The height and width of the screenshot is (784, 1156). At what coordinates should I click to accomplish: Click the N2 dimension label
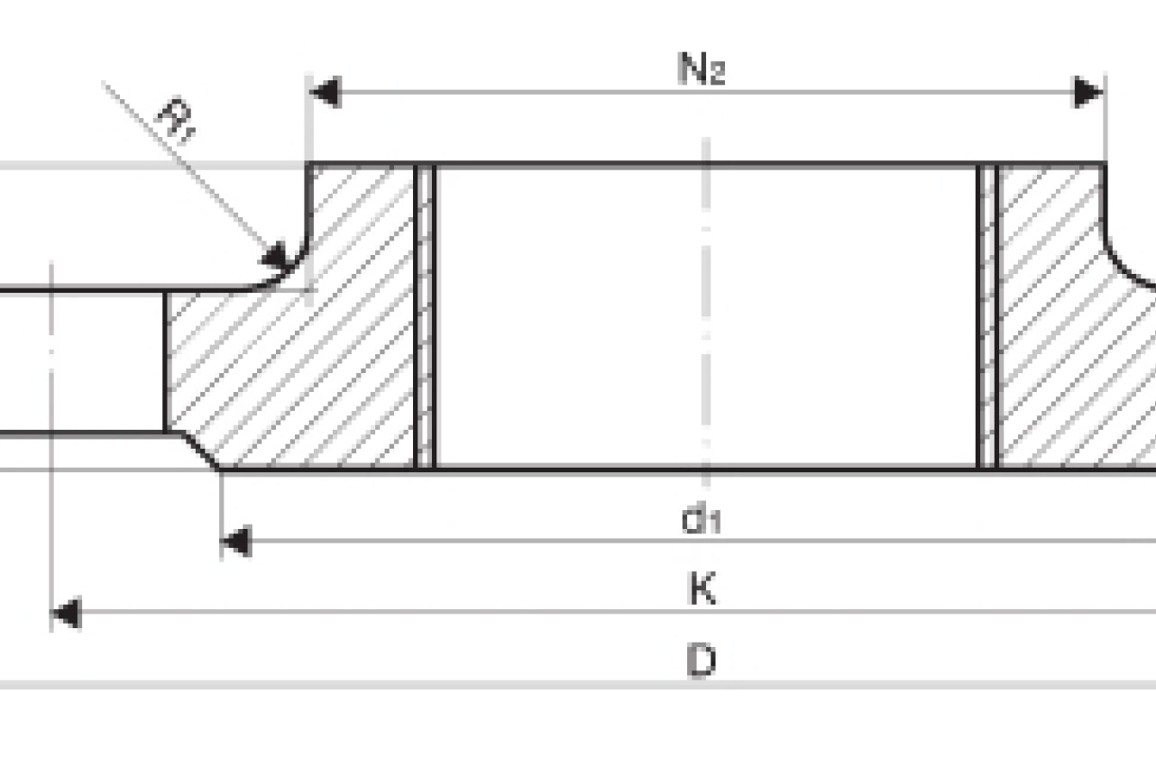701,68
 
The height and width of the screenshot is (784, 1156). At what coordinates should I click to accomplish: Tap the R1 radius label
176,121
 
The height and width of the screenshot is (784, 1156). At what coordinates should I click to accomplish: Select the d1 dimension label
702,520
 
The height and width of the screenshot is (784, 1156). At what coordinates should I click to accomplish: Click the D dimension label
702,661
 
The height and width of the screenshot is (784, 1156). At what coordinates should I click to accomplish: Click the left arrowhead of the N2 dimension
325,92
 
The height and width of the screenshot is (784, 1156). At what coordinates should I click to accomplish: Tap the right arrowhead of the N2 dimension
1089,92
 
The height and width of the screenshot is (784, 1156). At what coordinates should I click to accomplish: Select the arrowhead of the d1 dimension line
235,542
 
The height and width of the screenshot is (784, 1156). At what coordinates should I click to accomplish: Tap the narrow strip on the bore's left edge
426,315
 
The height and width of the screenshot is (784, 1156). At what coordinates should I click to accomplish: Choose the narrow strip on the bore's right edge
988,315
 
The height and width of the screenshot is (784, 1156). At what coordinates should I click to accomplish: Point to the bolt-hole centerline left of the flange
51,360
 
